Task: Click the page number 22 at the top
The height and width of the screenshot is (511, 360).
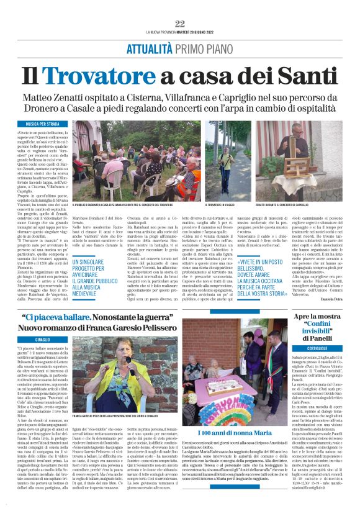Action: (179, 24)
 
